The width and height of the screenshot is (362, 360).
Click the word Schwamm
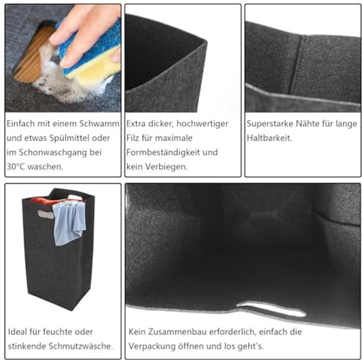click(x=99, y=124)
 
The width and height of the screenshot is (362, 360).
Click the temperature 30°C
click(x=16, y=167)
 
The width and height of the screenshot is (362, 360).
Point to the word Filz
click(x=132, y=138)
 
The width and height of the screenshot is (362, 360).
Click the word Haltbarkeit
click(x=269, y=138)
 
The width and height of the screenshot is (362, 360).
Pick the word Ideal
click(x=17, y=332)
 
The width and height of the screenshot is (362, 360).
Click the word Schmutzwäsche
click(x=81, y=346)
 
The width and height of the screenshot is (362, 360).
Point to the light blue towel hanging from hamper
click(x=68, y=223)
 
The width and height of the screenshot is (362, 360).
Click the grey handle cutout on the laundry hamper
click(x=45, y=214)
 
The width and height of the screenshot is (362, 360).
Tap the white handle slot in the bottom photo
click(x=271, y=309)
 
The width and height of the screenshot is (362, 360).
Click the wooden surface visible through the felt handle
click(x=32, y=54)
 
